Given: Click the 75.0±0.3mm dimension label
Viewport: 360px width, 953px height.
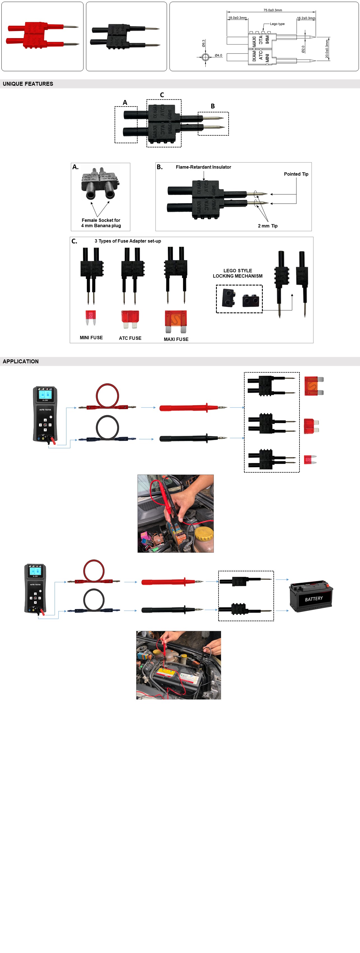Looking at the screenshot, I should tap(273, 10).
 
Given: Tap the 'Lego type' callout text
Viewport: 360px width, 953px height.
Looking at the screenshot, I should tap(277, 24).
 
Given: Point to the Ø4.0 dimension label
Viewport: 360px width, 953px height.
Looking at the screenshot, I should tap(218, 55).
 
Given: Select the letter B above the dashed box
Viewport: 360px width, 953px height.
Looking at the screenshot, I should tap(213, 106).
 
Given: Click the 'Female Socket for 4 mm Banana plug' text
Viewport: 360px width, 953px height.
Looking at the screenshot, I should tap(101, 223).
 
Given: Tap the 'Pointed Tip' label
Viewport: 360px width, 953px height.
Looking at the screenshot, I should tap(296, 174).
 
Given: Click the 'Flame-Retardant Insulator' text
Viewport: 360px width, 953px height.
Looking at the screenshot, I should tap(203, 167).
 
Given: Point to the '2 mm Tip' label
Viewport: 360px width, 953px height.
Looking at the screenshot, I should tap(268, 226).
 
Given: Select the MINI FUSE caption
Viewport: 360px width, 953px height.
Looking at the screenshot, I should tap(91, 337).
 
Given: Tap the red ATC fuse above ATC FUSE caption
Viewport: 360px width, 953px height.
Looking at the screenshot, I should tap(130, 319).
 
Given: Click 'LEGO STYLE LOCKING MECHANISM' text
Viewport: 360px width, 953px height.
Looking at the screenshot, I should tap(238, 273).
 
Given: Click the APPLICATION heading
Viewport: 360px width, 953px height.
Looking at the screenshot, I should tap(21, 361).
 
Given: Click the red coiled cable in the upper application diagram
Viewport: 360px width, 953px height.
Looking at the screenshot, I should tap(107, 396).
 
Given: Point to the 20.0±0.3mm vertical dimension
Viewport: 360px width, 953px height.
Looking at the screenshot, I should tap(327, 50).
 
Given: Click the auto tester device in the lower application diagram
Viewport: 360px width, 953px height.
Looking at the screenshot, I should tap(35, 589).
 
